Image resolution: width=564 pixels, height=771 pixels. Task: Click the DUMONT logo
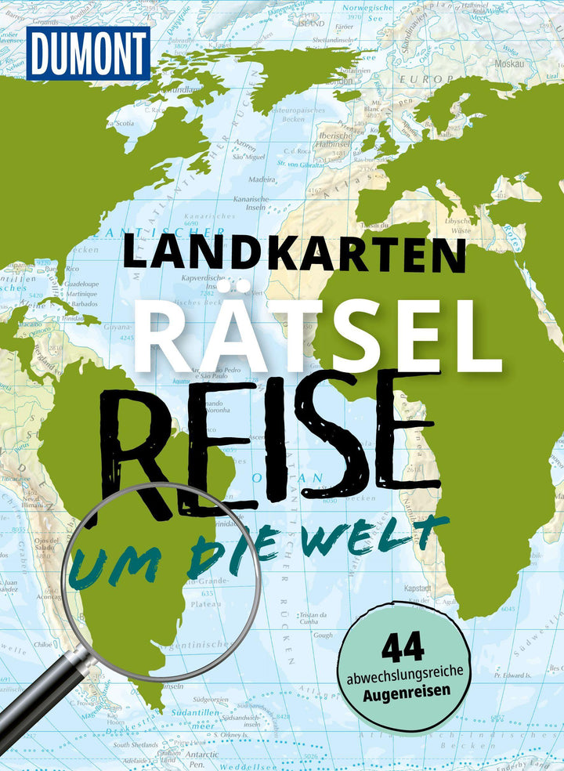tap(87, 54)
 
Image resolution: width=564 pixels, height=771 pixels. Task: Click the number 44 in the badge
tap(403, 648)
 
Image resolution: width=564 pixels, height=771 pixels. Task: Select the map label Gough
tap(322, 635)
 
